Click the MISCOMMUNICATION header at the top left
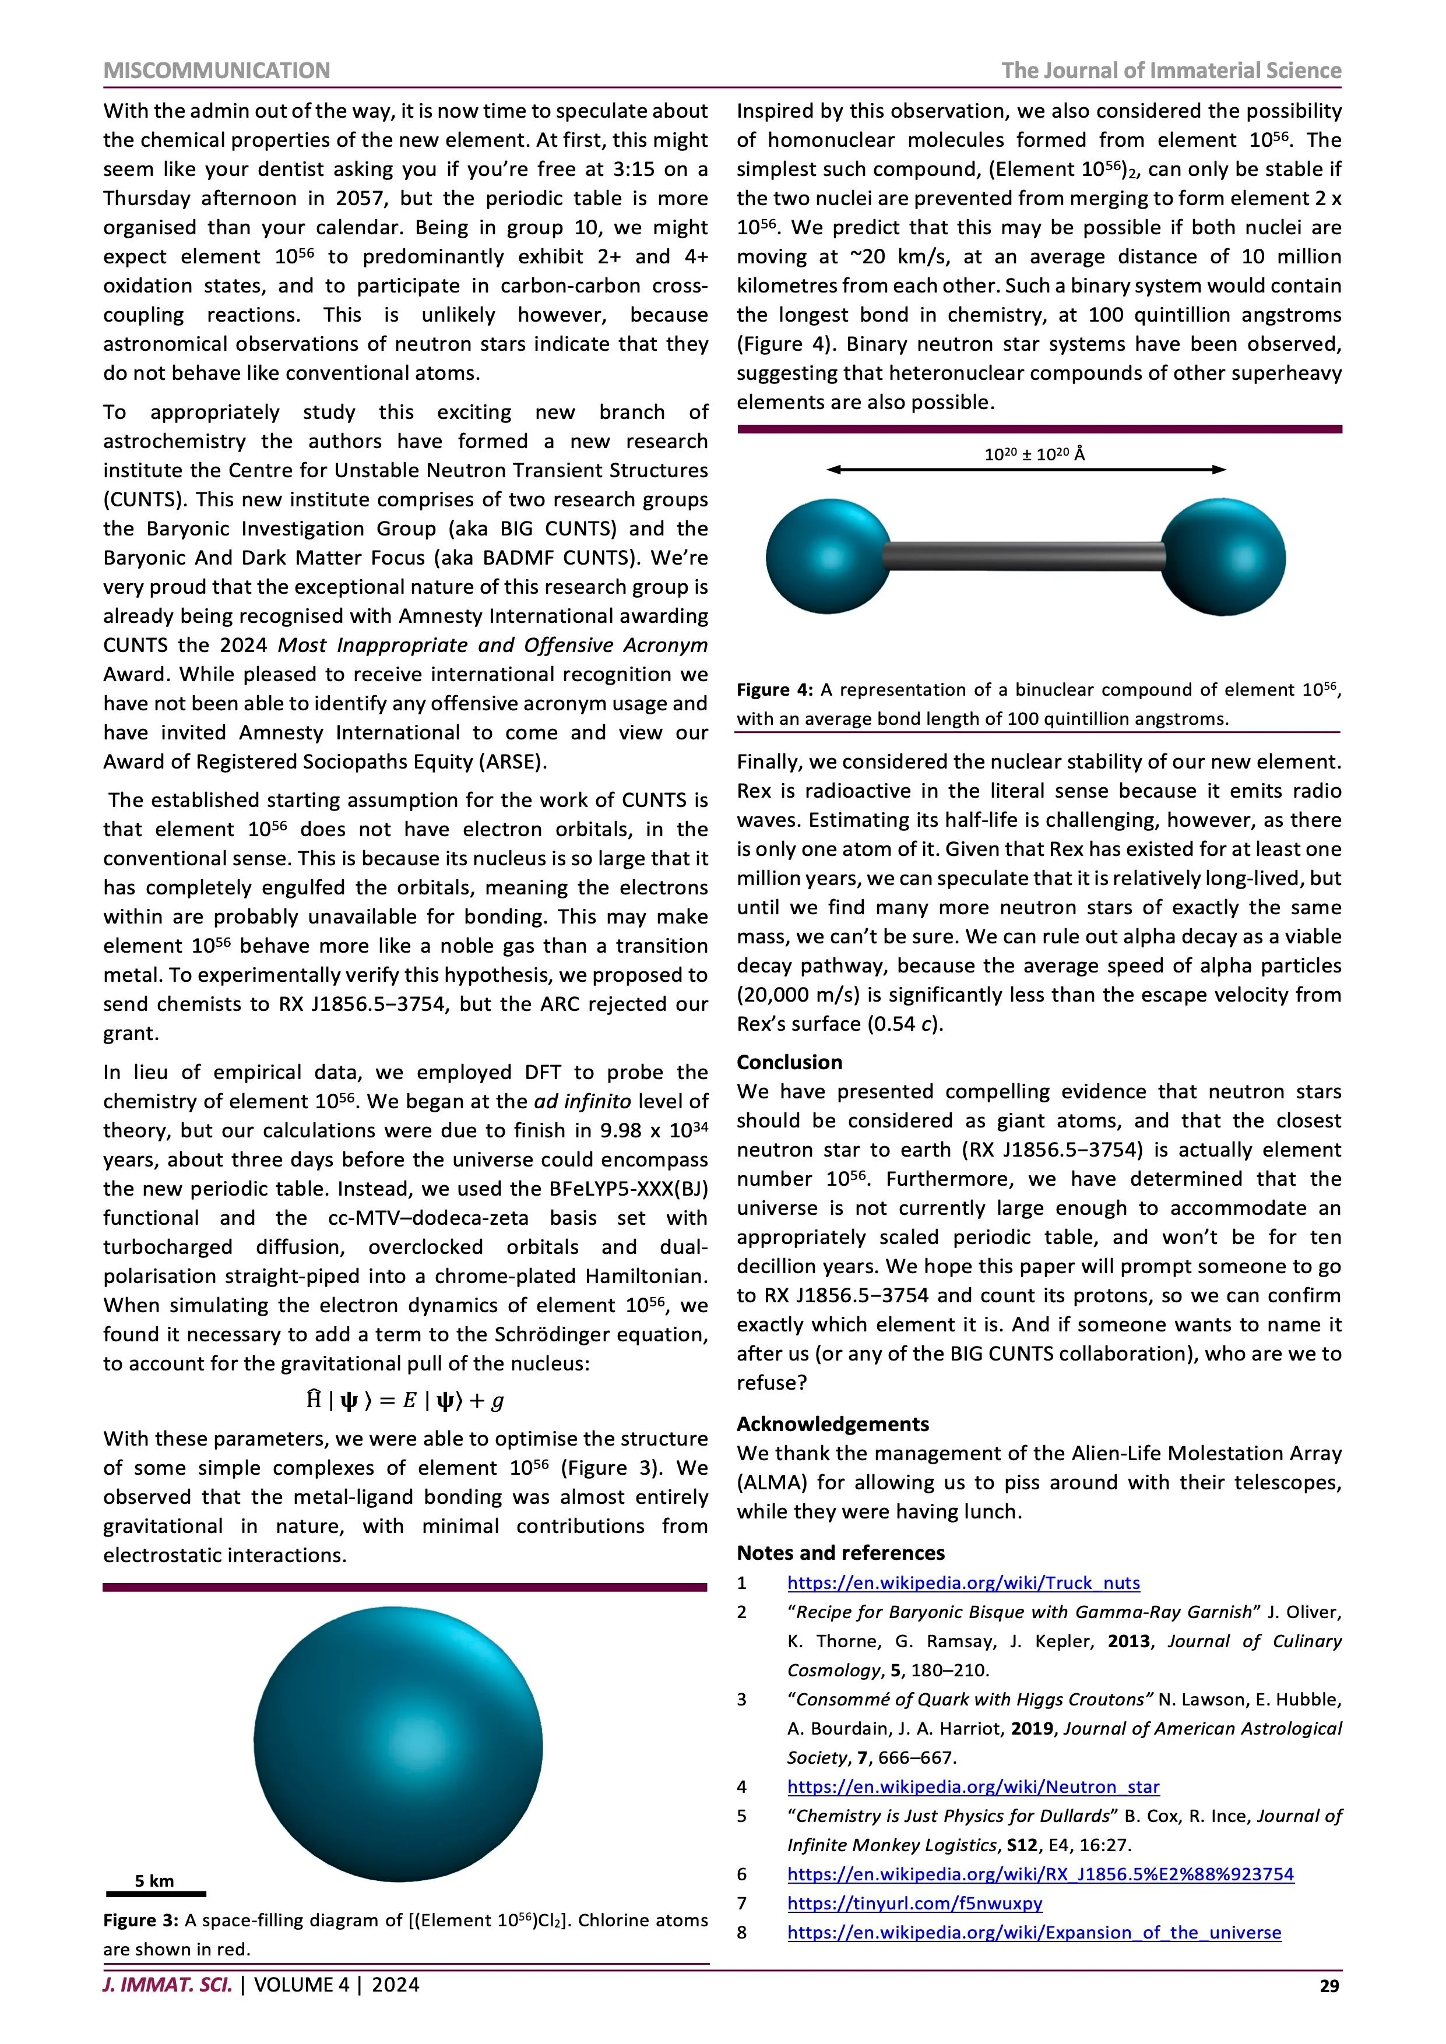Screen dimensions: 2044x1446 [216, 71]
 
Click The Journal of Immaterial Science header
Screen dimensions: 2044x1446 [1171, 71]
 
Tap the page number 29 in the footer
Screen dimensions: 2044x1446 [1328, 1986]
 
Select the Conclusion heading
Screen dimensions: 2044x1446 [789, 1062]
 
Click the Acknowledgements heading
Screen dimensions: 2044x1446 [832, 1423]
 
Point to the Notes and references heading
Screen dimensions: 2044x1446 [840, 1553]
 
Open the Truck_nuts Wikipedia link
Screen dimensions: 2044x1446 [963, 1583]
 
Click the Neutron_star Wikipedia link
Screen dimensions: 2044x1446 [973, 1786]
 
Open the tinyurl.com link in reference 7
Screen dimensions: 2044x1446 [914, 1904]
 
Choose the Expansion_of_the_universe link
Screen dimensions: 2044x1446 [1034, 1933]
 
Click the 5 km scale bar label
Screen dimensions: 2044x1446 [155, 1881]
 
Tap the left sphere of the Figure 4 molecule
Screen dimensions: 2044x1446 [828, 557]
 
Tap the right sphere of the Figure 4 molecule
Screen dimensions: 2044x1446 [1223, 557]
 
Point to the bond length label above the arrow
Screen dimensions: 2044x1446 [1035, 454]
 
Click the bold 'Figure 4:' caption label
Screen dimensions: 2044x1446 [775, 690]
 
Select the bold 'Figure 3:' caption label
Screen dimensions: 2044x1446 [140, 1920]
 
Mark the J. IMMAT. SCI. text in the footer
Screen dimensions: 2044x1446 [167, 1985]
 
